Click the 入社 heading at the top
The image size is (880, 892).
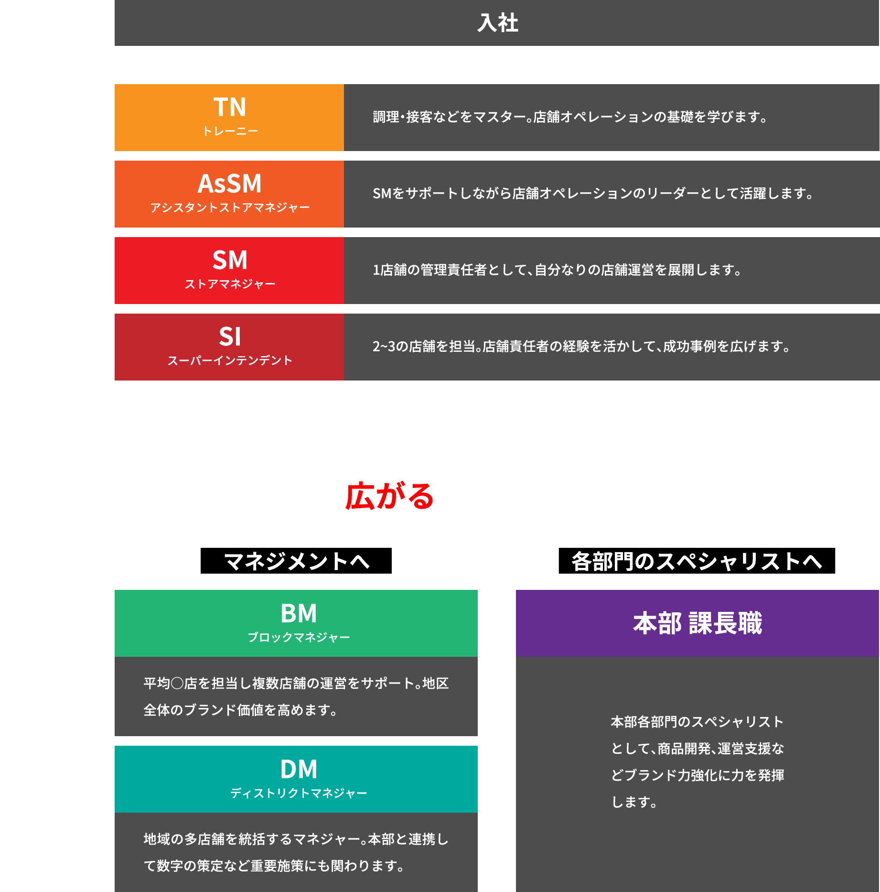pos(497,23)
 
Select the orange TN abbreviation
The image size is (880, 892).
pos(230,107)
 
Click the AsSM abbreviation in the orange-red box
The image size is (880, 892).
pos(230,184)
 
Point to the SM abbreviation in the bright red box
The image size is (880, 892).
pos(230,260)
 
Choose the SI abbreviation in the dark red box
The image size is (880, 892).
pos(230,337)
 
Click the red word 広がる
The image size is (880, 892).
pos(389,496)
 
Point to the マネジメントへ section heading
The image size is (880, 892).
pos(297,561)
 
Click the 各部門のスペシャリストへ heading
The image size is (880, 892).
pos(697,561)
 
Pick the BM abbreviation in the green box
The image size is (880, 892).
pos(299,613)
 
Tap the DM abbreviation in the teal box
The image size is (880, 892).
pos(299,769)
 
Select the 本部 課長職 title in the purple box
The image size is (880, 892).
pos(698,623)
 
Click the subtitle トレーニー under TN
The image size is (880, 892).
pos(230,131)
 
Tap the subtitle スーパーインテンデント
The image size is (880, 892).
pos(230,360)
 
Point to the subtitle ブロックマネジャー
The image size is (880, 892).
pos(299,637)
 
